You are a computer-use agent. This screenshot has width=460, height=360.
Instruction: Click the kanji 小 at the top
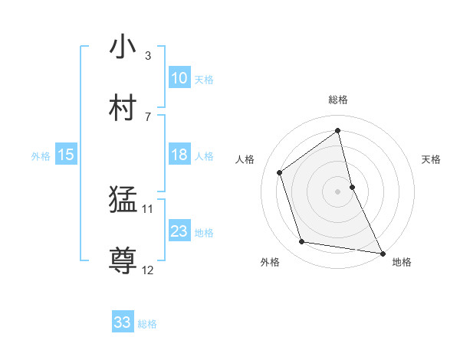tap(123, 47)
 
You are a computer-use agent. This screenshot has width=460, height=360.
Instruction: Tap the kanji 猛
tap(123, 201)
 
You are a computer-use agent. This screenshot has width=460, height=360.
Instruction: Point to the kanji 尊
tap(123, 260)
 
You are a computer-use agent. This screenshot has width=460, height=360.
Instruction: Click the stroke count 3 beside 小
tap(148, 56)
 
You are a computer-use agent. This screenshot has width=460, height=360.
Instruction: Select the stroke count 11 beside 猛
tap(148, 208)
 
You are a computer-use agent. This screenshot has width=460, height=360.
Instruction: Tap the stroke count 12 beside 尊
tap(148, 270)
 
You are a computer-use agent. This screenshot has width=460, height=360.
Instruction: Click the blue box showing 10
tap(179, 78)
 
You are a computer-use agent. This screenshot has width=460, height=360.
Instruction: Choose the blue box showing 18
tap(179, 155)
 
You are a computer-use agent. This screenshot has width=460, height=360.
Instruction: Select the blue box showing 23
tap(179, 231)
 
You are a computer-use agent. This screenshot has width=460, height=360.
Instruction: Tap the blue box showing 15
tap(66, 155)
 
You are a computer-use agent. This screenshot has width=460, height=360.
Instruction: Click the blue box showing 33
tap(123, 322)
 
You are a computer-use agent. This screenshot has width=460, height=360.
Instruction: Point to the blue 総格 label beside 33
tap(147, 324)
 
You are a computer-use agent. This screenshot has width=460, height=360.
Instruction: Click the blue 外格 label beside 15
tap(41, 156)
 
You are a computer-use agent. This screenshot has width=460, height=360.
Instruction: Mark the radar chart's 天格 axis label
tap(432, 159)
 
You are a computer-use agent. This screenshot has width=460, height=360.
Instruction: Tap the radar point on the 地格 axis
tap(381, 253)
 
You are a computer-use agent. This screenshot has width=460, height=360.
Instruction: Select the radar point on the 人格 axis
tap(280, 172)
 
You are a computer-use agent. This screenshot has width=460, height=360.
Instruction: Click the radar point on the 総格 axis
tap(337, 131)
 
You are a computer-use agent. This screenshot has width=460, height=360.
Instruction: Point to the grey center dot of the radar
tap(337, 191)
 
